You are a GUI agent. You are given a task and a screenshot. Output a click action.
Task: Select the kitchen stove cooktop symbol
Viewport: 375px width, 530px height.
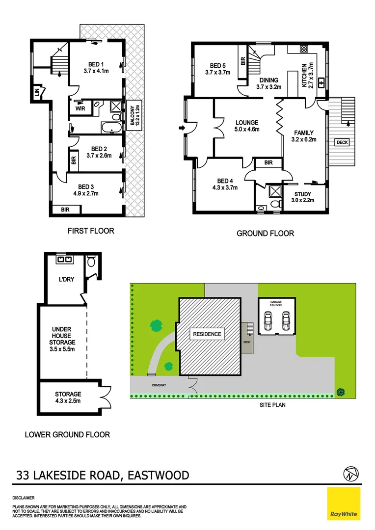pyautogui.click(x=303, y=49)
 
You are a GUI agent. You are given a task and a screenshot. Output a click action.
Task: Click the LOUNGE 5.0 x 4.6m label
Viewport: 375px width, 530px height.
pyautogui.click(x=247, y=126)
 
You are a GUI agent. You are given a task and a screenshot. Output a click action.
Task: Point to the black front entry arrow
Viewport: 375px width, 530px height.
pyautogui.click(x=182, y=128)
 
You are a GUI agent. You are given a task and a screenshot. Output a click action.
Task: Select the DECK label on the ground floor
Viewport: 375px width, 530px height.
pyautogui.click(x=342, y=143)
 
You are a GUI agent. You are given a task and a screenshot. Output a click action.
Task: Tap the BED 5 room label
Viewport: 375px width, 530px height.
pyautogui.click(x=218, y=69)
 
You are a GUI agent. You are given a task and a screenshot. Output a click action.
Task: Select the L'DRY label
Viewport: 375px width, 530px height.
pyautogui.click(x=66, y=280)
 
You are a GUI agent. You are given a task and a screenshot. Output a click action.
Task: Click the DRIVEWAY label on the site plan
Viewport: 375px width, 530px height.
pyautogui.click(x=159, y=385)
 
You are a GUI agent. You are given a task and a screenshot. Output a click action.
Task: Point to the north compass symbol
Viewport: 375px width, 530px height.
pyautogui.click(x=349, y=474)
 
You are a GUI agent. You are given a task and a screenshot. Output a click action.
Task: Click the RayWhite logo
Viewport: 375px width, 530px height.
pyautogui.click(x=344, y=504)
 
